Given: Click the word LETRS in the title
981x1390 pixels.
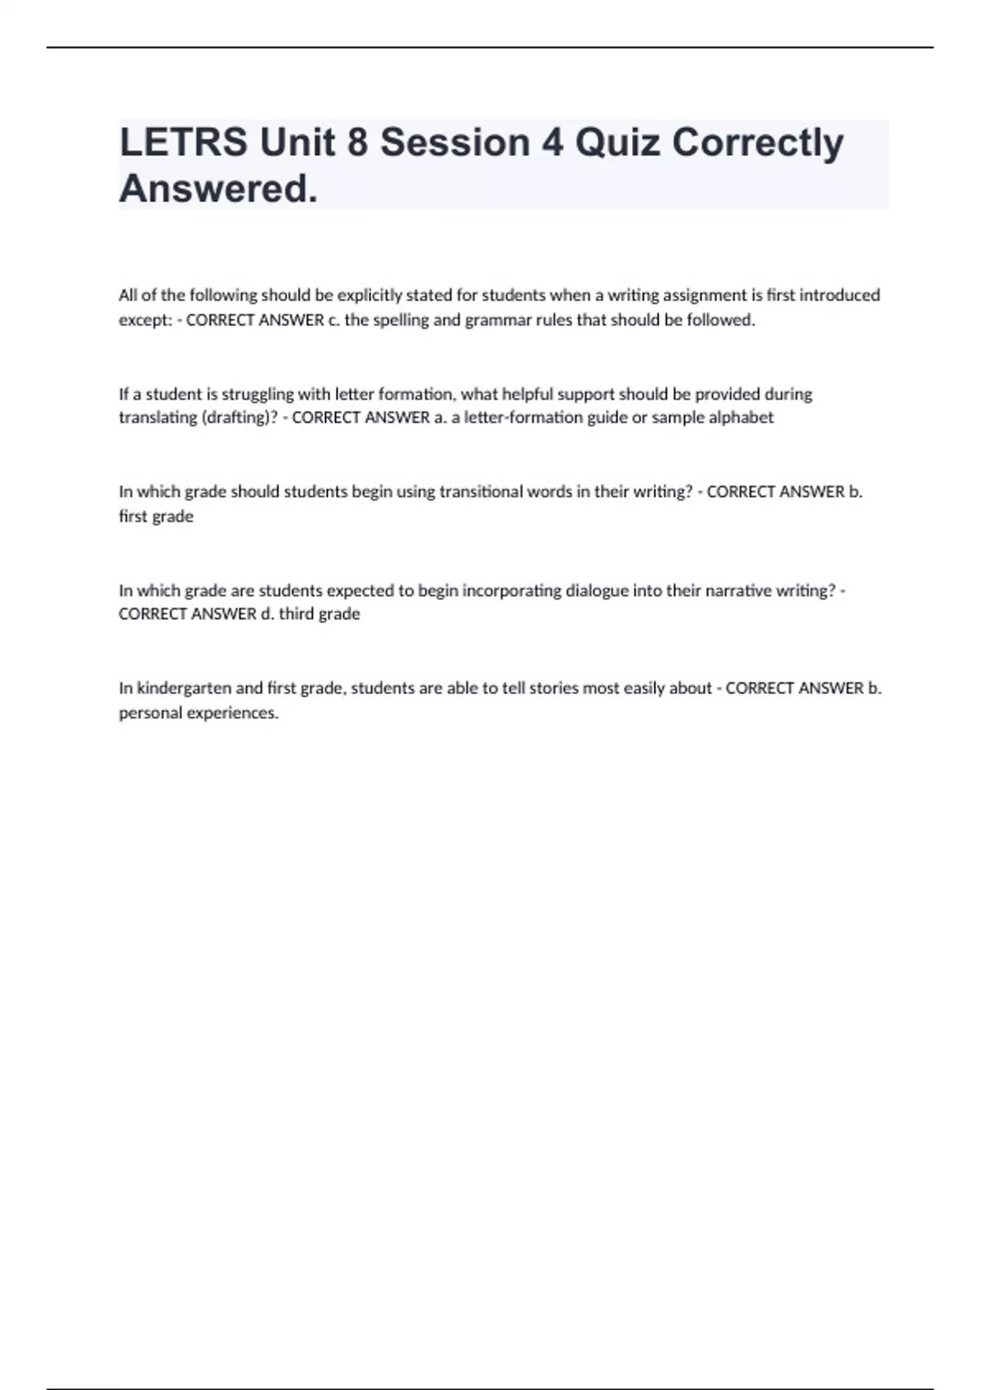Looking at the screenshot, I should (183, 142).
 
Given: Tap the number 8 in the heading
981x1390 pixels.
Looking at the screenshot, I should (357, 142).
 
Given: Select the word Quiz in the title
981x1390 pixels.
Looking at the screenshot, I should (617, 142).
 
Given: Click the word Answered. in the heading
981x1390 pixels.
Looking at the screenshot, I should (218, 189).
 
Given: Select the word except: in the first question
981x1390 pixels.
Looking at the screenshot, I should (146, 321).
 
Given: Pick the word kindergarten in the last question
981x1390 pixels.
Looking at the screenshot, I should (184, 688).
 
